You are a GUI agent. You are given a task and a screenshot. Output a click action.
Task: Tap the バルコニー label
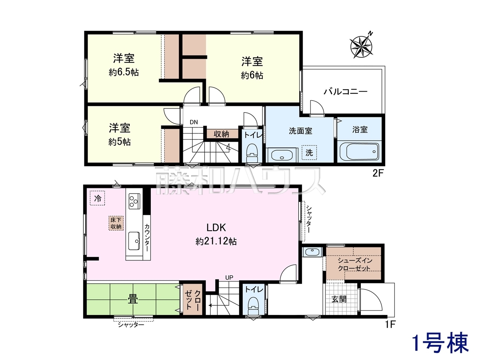[345, 91]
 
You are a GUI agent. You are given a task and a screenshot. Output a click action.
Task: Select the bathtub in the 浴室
[359, 151]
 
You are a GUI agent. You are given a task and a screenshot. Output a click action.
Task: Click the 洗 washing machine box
[309, 152]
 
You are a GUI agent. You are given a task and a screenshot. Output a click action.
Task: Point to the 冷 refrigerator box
[97, 198]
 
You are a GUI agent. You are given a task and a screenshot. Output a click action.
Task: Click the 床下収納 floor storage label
[116, 223]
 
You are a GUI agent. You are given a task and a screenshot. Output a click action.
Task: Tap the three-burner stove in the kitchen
[134, 200]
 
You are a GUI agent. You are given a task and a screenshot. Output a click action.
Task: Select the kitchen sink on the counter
[134, 241]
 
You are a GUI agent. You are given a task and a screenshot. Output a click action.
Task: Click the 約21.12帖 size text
[216, 241]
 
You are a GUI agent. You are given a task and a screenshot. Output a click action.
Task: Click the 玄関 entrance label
[339, 299]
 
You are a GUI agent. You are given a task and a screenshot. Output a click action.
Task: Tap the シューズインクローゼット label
[354, 264]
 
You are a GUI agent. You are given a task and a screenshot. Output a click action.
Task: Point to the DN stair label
[194, 122]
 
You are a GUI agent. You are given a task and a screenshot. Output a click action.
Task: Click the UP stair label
[229, 277]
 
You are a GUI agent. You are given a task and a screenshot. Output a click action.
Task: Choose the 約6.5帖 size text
[124, 72]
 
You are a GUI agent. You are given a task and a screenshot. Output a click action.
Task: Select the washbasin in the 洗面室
[282, 155]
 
